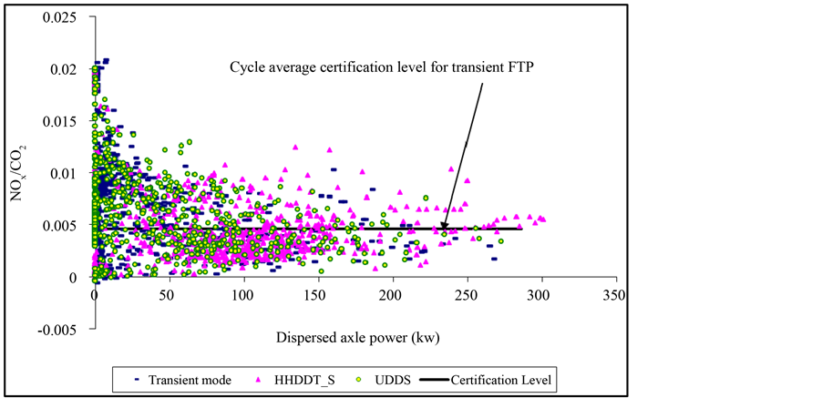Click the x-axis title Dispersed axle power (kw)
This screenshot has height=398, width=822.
point(353,339)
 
